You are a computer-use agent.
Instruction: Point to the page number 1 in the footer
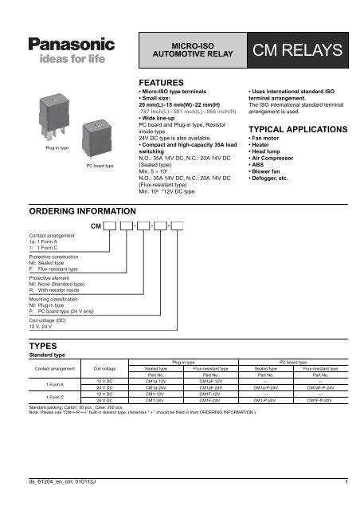(347, 482)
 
